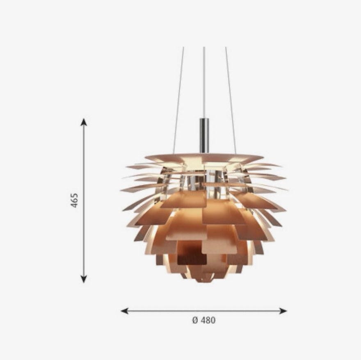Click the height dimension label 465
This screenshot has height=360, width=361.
pyautogui.click(x=75, y=201)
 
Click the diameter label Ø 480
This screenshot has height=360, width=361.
pyautogui.click(x=204, y=320)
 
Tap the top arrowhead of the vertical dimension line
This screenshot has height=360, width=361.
pyautogui.click(x=84, y=122)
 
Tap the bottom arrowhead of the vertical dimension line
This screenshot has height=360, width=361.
pyautogui.click(x=84, y=279)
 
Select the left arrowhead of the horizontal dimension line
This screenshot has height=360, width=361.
pyautogui.click(x=125, y=311)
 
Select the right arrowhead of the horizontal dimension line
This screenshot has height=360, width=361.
pyautogui.click(x=283, y=311)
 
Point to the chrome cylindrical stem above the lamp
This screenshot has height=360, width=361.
pyautogui.click(x=204, y=135)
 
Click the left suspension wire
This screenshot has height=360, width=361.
pyautogui.click(x=179, y=100)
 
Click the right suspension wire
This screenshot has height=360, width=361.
pyautogui.click(x=231, y=100)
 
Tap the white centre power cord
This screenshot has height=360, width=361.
pyautogui.click(x=204, y=82)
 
